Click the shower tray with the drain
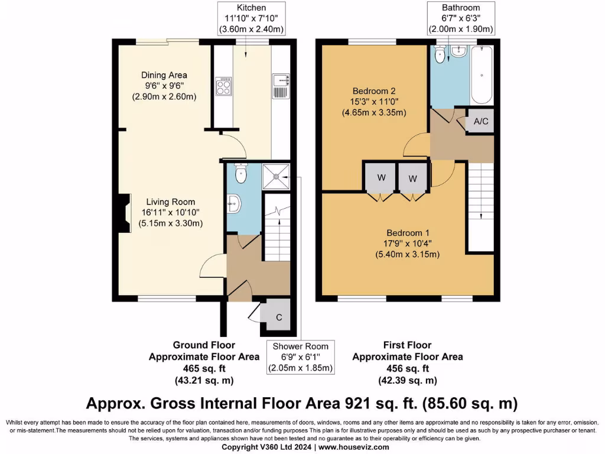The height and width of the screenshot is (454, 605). pos(276,175)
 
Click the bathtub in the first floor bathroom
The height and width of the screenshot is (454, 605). pos(482,75)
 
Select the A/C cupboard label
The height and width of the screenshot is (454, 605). pos(481,122)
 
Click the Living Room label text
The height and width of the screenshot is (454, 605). pos(171,202)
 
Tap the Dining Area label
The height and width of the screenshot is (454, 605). pos(164,75)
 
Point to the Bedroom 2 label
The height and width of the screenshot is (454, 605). pos(373,91)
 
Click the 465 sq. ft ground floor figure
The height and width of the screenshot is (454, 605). pos(203,368)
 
